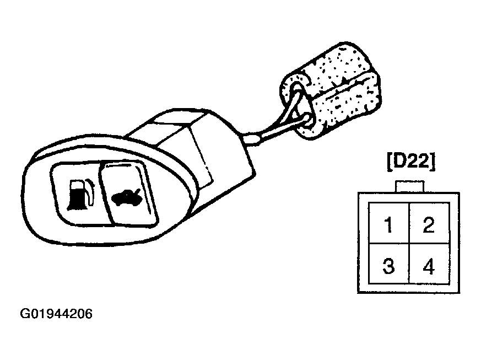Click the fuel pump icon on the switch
pyautogui.click(x=80, y=195)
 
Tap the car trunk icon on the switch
pyautogui.click(x=126, y=197)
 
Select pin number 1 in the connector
pyautogui.click(x=388, y=224)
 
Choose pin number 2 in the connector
pyautogui.click(x=429, y=224)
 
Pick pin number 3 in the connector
pyautogui.click(x=388, y=266)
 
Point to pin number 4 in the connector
pyautogui.click(x=429, y=266)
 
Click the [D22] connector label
pyautogui.click(x=411, y=162)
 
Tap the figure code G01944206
pyautogui.click(x=56, y=314)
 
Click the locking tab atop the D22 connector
pyautogui.click(x=410, y=186)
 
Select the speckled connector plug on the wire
pyautogui.click(x=331, y=90)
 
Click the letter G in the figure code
pyautogui.click(x=24, y=314)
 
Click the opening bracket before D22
pyautogui.click(x=390, y=162)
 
